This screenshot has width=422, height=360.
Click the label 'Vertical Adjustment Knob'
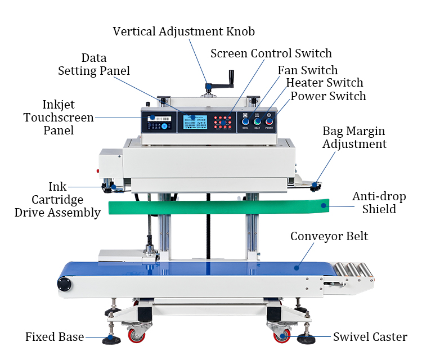(x=184, y=31)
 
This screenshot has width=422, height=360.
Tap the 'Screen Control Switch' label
(x=271, y=53)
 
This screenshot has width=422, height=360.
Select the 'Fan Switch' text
(x=307, y=70)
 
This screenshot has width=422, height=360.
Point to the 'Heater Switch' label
(x=325, y=83)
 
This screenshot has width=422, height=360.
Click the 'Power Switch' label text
(x=328, y=96)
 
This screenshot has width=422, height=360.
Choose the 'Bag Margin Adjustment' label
(x=354, y=137)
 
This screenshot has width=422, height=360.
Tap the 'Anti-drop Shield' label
(x=379, y=202)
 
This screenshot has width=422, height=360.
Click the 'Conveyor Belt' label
(x=329, y=236)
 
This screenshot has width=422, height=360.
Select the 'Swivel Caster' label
(x=370, y=337)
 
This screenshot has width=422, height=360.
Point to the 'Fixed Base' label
(x=55, y=337)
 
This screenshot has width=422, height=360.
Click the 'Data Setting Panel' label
(x=94, y=64)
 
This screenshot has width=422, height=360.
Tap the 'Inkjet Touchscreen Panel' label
(x=59, y=118)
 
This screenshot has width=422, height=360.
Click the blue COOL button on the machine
(x=245, y=121)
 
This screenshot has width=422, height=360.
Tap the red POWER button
(x=269, y=121)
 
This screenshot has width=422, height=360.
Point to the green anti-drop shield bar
(x=214, y=206)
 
